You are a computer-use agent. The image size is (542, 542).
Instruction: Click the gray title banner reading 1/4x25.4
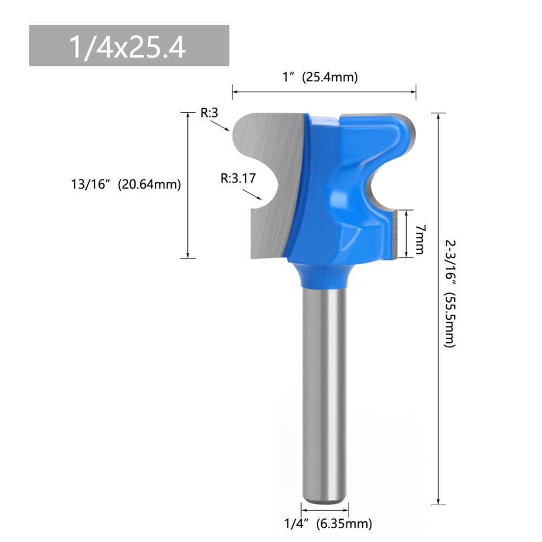129,45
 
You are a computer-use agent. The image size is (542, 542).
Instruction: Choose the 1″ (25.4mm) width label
321,77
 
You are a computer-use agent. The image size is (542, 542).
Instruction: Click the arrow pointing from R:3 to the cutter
220,126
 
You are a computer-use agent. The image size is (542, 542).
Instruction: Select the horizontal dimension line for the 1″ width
324,92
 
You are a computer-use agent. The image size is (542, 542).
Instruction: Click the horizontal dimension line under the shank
325,510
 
